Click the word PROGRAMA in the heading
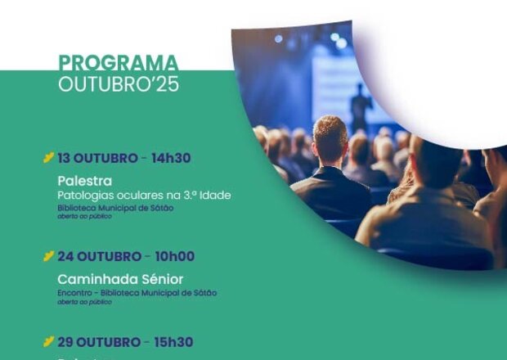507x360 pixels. [x=118, y=64]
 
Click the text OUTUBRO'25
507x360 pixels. [x=118, y=83]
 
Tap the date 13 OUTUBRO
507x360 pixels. [x=97, y=157]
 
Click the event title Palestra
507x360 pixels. [x=84, y=180]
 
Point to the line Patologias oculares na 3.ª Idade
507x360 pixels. [x=144, y=195]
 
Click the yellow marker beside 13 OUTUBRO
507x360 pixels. [x=49, y=157]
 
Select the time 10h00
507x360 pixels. [x=172, y=256]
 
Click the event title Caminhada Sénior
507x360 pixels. [x=120, y=279]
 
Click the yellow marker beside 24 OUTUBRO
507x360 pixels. [x=49, y=256]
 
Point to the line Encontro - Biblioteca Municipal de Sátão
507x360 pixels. [x=137, y=293]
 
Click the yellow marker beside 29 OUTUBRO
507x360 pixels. [x=49, y=342]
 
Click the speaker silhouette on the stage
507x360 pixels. [x=357, y=102]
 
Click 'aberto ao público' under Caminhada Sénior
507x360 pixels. [x=84, y=302]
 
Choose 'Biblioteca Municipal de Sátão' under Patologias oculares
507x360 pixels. [x=115, y=207]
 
